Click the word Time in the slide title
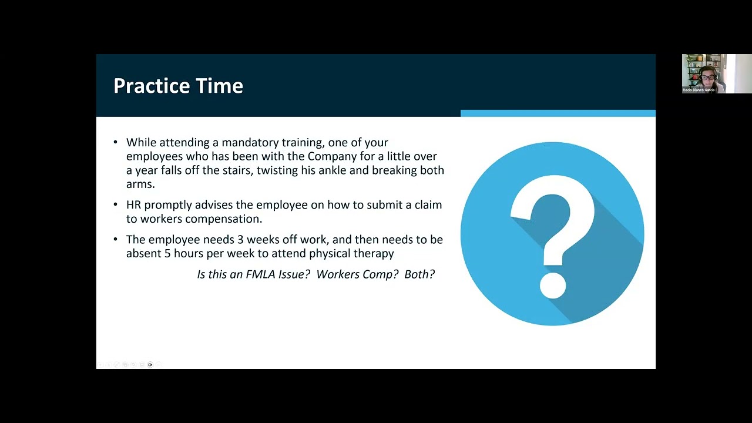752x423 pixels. (221, 86)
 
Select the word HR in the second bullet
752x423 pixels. (133, 205)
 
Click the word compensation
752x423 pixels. (224, 219)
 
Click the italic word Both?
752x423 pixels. (419, 274)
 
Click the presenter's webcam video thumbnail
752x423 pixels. (716, 73)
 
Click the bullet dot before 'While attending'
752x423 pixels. (115, 143)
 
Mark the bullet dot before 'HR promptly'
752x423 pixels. (115, 205)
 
